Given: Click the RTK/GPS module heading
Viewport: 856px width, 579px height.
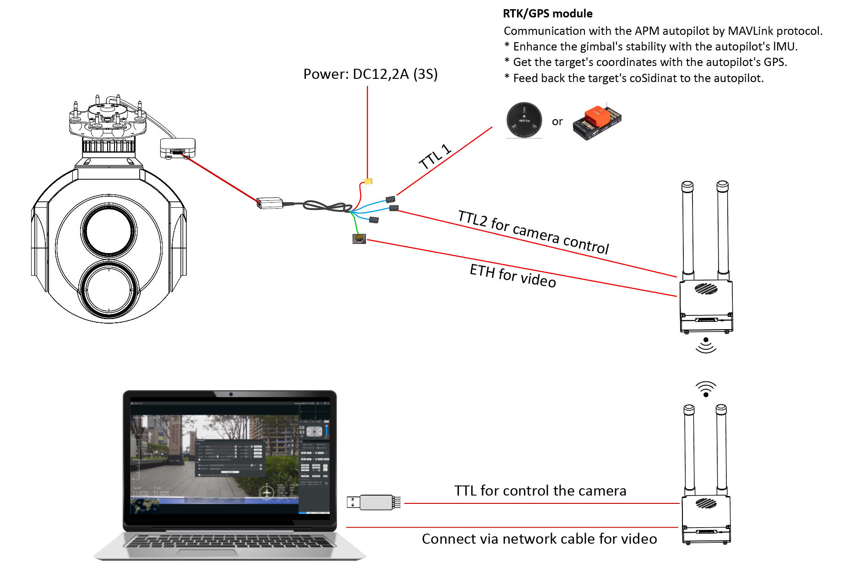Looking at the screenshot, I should pyautogui.click(x=547, y=14).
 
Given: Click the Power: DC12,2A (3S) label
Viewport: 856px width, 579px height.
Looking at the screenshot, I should pyautogui.click(x=370, y=74).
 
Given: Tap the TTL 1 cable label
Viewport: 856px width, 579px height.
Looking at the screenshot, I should pyautogui.click(x=435, y=157).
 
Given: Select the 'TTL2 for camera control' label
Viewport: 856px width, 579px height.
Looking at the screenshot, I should pyautogui.click(x=533, y=232).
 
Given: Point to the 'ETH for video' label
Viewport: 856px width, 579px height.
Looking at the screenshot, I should pyautogui.click(x=513, y=276).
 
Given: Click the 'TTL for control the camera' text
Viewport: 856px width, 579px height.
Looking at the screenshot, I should pyautogui.click(x=540, y=491).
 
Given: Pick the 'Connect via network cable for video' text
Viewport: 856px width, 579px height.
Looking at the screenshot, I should pyautogui.click(x=539, y=539).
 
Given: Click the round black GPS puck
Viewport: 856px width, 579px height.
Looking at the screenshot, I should pyautogui.click(x=524, y=120).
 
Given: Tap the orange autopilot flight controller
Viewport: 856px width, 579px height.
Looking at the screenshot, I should pyautogui.click(x=597, y=121).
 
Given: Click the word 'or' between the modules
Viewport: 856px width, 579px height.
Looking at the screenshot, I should pyautogui.click(x=557, y=122).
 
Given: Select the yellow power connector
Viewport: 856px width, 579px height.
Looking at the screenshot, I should pyautogui.click(x=368, y=182).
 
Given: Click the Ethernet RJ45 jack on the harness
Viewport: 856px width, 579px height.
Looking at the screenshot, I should pyautogui.click(x=359, y=238).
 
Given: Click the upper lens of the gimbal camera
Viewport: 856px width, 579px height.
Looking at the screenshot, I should pyautogui.click(x=109, y=231).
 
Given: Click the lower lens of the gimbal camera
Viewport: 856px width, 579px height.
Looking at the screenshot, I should pyautogui.click(x=109, y=290).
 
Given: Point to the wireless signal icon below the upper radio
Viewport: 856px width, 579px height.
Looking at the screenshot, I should pyautogui.click(x=706, y=345).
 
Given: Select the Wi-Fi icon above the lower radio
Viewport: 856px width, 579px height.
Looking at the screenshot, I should pyautogui.click(x=706, y=389).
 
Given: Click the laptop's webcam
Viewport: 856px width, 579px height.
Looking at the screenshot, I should pyautogui.click(x=231, y=394).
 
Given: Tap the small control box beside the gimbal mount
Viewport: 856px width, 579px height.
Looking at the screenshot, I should pyautogui.click(x=178, y=148).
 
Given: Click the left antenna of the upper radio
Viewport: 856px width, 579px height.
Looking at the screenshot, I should pyautogui.click(x=687, y=229).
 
